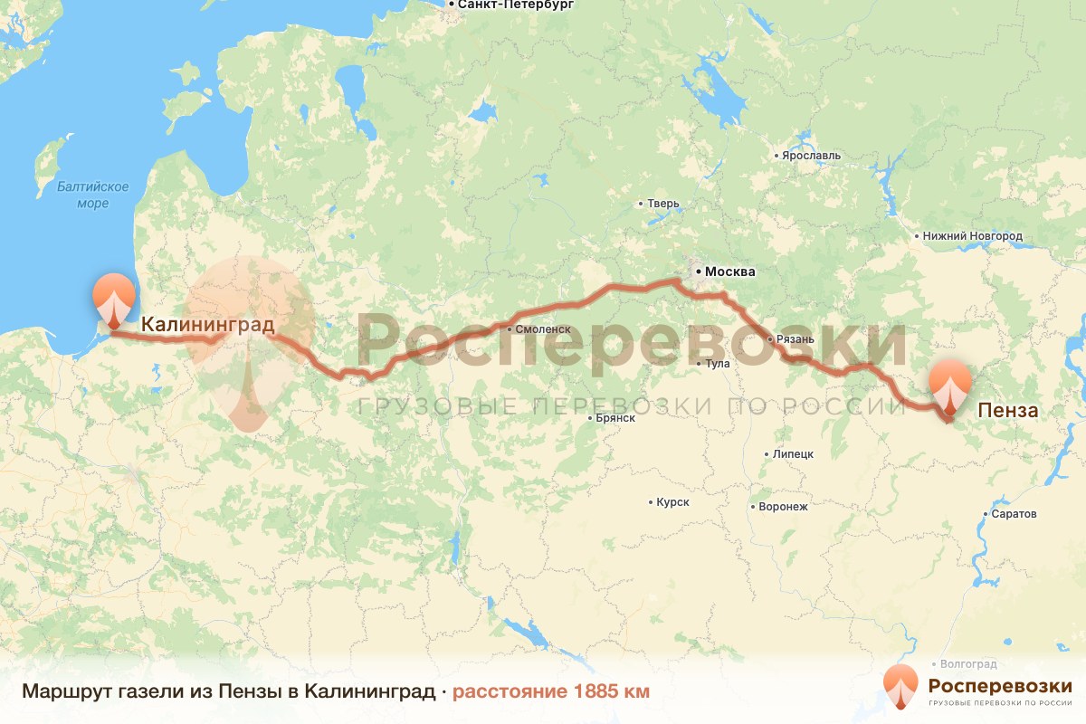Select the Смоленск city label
[542, 330]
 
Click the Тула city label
[717, 364]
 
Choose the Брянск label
[614, 418]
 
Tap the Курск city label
[673, 502]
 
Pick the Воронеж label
[784, 507]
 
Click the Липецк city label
[794, 453]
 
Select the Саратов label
[1014, 514]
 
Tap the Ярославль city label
[812, 156]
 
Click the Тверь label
[662, 204]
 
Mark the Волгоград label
[968, 663]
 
